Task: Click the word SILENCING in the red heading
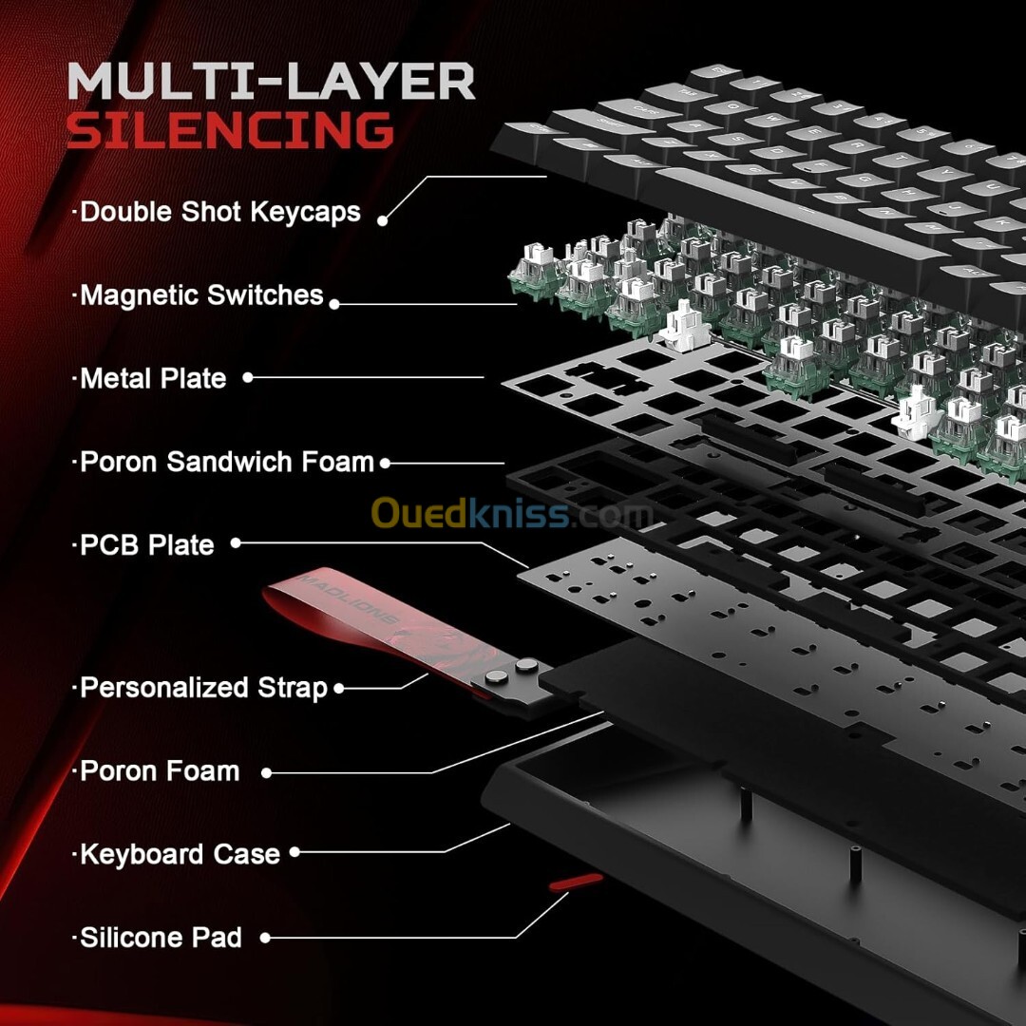[230, 130]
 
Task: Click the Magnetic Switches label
[201, 294]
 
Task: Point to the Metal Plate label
[153, 378]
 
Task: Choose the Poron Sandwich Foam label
[227, 462]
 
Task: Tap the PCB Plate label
[147, 545]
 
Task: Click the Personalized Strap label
[203, 687]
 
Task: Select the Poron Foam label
[160, 770]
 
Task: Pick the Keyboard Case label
[180, 853]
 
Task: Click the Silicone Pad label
[161, 938]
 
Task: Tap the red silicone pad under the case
[576, 883]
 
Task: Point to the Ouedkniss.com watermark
[512, 514]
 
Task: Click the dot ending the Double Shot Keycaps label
[383, 219]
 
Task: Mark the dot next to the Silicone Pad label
[266, 938]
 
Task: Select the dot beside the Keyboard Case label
[294, 853]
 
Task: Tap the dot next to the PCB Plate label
[236, 543]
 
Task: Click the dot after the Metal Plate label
[248, 377]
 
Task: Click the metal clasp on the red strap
[514, 676]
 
